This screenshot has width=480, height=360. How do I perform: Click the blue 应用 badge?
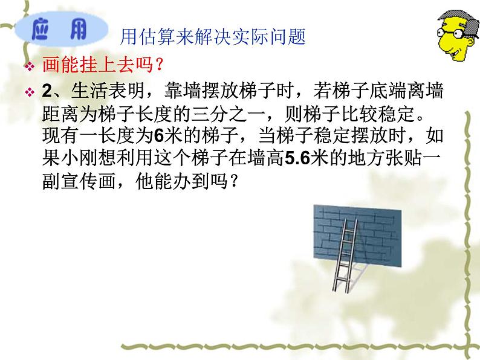[x=58, y=31]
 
